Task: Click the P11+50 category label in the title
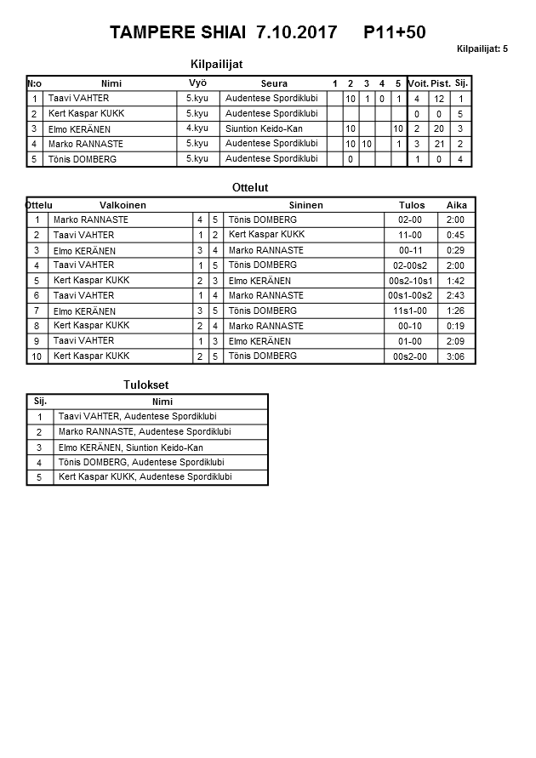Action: (394, 33)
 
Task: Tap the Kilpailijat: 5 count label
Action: (482, 49)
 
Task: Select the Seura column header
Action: (274, 83)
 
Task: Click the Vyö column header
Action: (197, 83)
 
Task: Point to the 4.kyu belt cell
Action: (197, 128)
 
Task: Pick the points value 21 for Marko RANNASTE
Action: (439, 144)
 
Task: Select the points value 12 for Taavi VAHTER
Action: (439, 99)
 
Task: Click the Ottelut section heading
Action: (250, 187)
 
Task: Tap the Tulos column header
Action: (411, 205)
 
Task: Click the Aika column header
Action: (457, 205)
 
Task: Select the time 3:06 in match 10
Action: (455, 356)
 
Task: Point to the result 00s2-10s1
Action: (410, 281)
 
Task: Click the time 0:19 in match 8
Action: (455, 326)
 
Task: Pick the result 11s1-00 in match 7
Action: (410, 311)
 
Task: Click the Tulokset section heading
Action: (146, 385)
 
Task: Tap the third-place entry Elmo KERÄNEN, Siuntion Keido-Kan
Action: (130, 447)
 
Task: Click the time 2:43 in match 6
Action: (455, 296)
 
